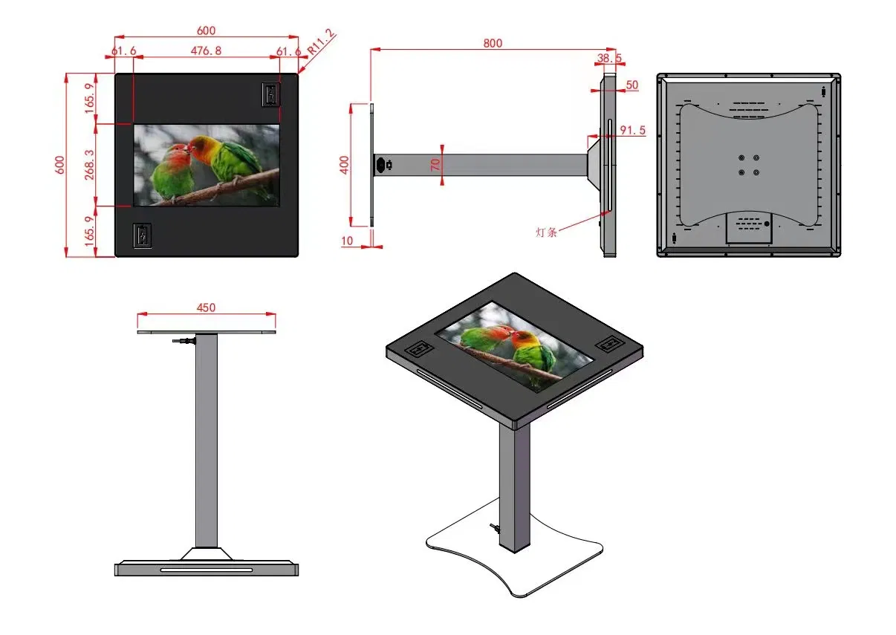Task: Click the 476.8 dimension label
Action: click(206, 51)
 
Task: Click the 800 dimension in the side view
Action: click(493, 43)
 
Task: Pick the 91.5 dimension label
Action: click(632, 130)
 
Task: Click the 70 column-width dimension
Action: click(435, 164)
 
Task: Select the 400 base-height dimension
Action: click(344, 164)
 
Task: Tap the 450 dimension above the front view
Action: click(206, 307)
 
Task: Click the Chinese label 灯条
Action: click(546, 232)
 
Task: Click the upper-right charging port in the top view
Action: click(270, 94)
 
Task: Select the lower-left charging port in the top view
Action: click(142, 235)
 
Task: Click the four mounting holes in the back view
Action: click(749, 164)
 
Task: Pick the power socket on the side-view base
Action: click(385, 165)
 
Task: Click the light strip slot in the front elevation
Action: click(206, 570)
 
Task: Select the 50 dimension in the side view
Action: click(632, 85)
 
